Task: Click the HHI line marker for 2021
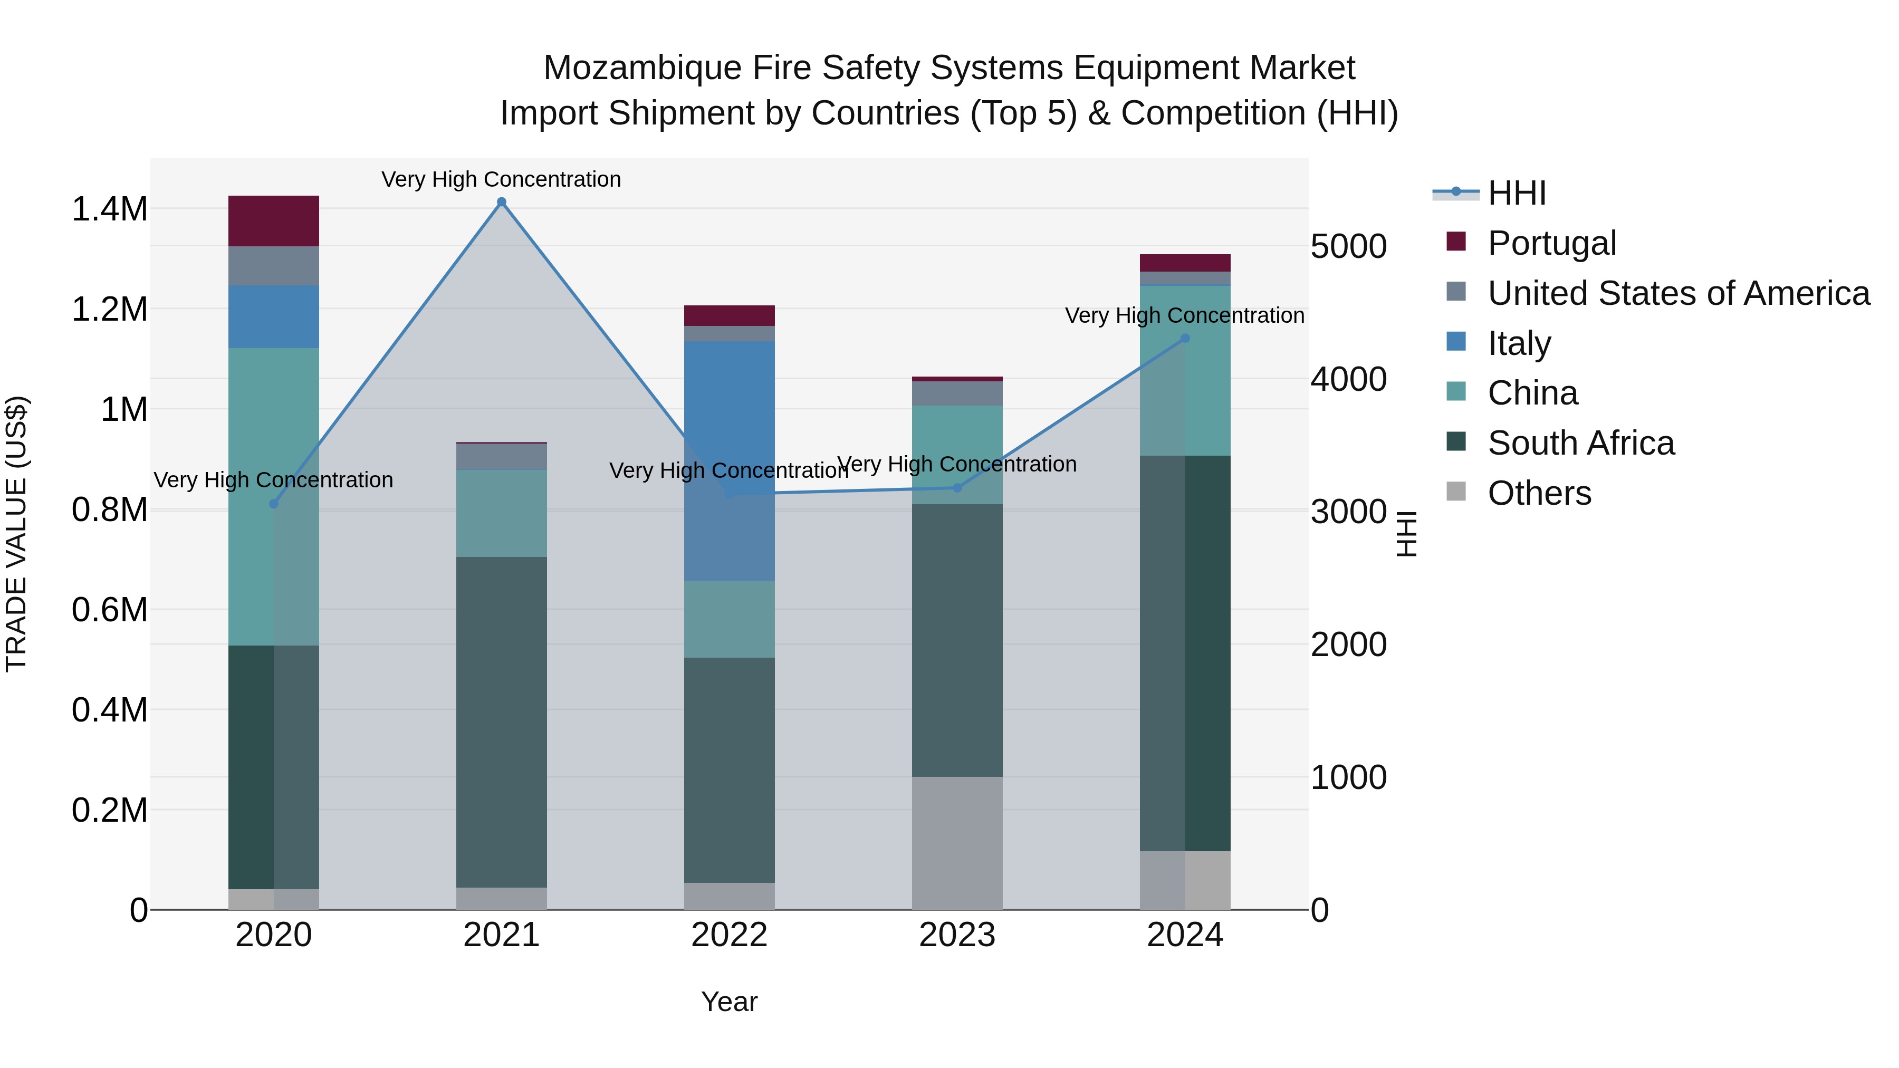pos(501,202)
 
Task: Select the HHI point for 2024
pos(1185,338)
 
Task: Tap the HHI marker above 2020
pos(273,504)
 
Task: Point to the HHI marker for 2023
pos(957,487)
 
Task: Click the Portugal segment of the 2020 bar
pos(273,221)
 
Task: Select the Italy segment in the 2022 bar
pos(729,460)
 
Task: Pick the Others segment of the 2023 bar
pos(957,842)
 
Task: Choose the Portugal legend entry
pos(1551,243)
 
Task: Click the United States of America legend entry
pos(1678,293)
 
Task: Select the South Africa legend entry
pos(1580,443)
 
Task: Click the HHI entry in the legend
pos(1516,193)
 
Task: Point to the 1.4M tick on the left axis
pos(109,209)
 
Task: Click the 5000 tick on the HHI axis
pos(1348,246)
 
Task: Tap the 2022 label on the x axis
pos(729,935)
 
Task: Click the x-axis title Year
pos(729,1002)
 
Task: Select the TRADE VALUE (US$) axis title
pos(16,534)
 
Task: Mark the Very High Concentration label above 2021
pos(501,179)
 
